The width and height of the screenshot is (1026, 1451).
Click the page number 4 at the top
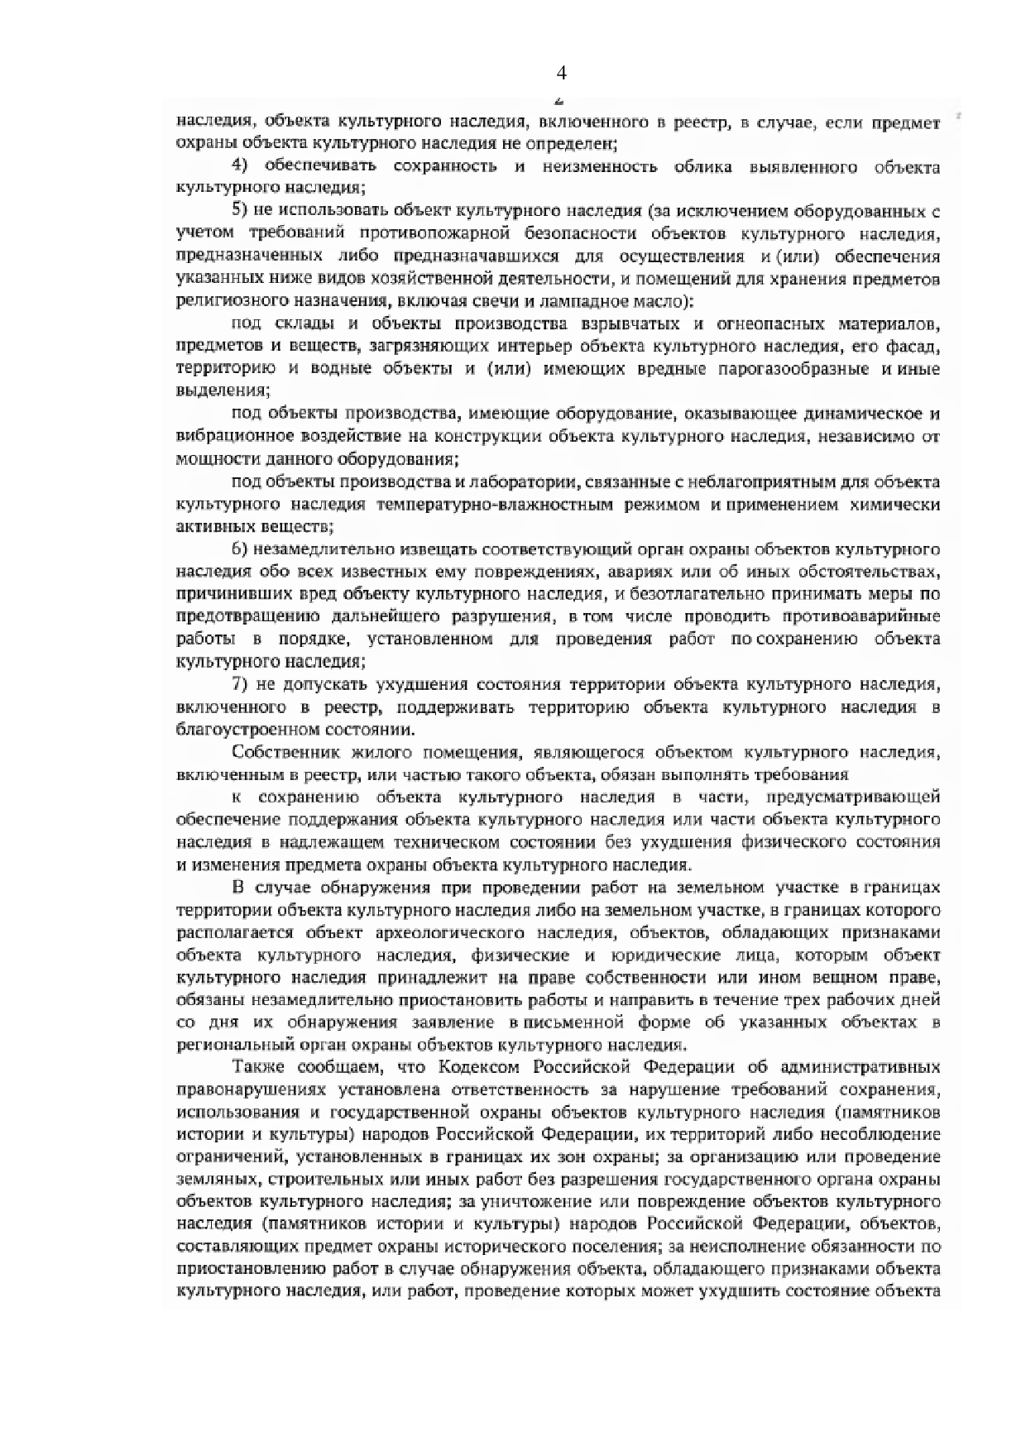coord(561,74)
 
